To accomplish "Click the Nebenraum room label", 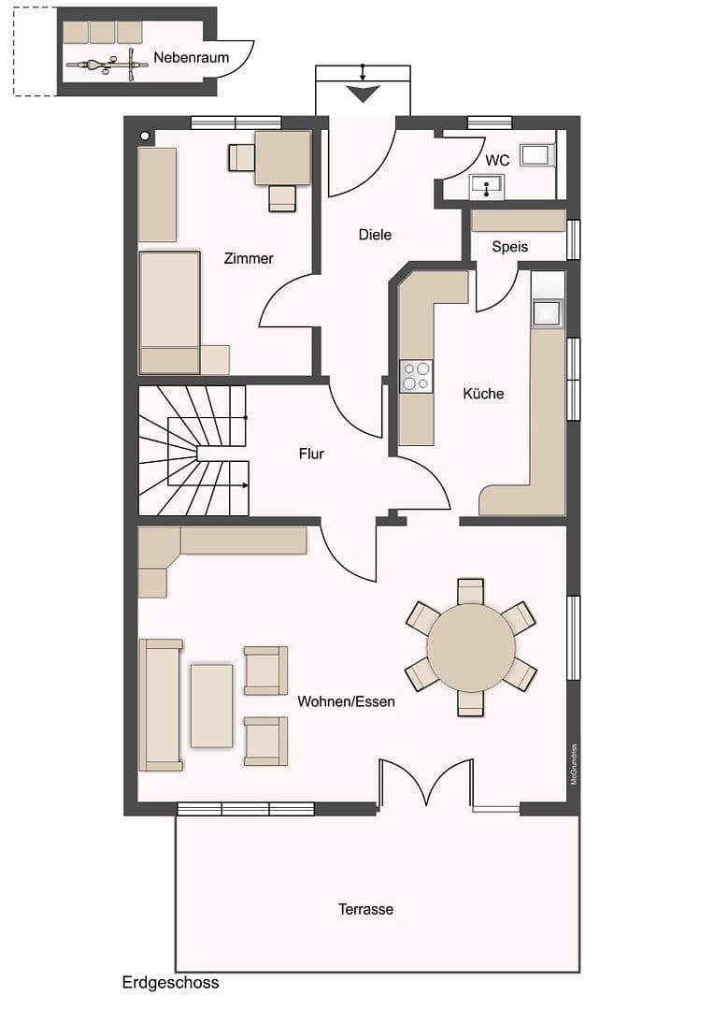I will click(192, 58).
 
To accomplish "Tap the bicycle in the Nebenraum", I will click(107, 65).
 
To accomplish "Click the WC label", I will click(497, 161).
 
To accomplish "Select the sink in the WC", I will click(486, 188).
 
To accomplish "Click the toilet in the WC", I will click(538, 155).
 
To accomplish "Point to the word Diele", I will click(375, 235).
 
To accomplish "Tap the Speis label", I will click(509, 247).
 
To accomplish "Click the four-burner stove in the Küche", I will click(417, 376).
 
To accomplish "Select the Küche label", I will click(483, 394).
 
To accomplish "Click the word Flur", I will click(311, 454).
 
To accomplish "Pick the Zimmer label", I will click(249, 258).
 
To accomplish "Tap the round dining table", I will click(471, 647).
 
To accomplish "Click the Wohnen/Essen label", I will click(346, 701).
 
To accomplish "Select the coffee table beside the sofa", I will click(212, 705).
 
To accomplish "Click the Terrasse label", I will click(365, 909).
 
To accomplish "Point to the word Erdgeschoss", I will click(170, 983).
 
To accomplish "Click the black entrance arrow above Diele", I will click(363, 94).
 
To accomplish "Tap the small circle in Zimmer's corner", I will click(145, 137).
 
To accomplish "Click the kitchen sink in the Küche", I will click(548, 312).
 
